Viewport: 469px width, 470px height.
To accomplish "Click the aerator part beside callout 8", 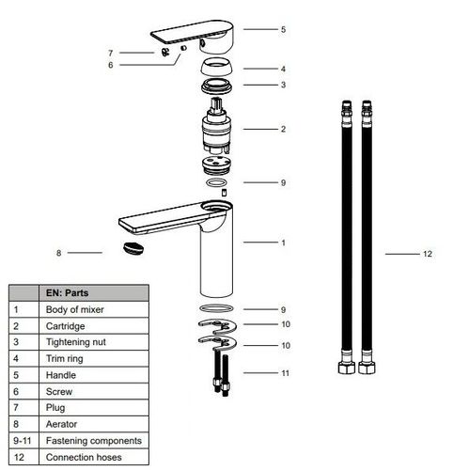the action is (x=133, y=248).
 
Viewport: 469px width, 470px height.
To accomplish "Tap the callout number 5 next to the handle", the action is (x=283, y=29).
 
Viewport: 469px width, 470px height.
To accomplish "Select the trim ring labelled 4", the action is (x=216, y=67).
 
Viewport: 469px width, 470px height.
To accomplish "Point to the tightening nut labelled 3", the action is (x=216, y=86).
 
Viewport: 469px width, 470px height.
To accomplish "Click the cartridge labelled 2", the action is (x=216, y=126).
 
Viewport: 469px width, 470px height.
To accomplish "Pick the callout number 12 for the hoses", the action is (x=428, y=254).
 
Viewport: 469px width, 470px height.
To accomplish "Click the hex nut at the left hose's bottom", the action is (x=347, y=368).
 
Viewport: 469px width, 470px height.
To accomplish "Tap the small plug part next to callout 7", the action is (x=165, y=52).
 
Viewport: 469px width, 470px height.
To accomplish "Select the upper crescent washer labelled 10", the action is (x=217, y=326).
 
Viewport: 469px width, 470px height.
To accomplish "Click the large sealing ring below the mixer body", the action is (x=216, y=308).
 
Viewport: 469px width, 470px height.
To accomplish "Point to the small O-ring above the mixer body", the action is (x=216, y=182).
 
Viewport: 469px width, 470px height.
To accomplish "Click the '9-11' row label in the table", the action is (x=23, y=441).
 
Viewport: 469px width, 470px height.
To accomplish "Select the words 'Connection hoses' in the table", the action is (x=84, y=457).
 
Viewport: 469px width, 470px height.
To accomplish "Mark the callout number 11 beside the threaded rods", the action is (x=285, y=373).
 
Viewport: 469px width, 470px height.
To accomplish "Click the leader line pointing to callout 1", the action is (x=260, y=243).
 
